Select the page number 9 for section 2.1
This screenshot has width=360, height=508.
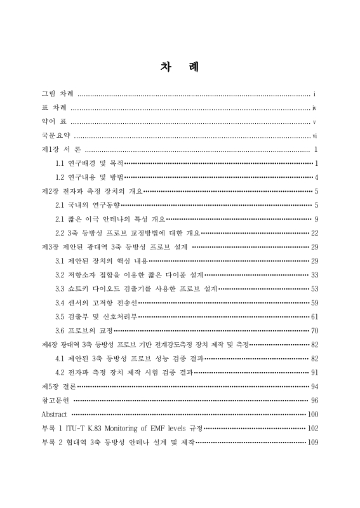click(316, 218)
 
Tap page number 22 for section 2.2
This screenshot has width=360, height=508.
click(314, 232)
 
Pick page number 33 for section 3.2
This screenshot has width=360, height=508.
click(314, 274)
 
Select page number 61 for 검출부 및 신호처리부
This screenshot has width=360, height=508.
click(314, 316)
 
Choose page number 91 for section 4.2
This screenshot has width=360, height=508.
click(314, 372)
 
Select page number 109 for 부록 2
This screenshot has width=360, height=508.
click(312, 442)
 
